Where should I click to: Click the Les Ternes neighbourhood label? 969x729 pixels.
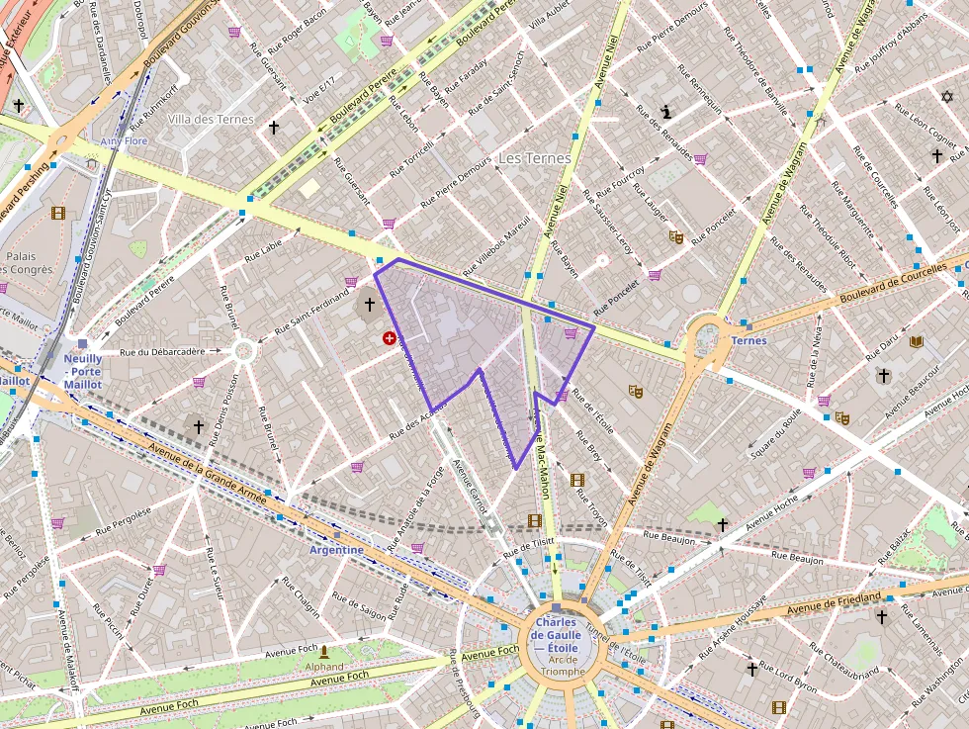[x=534, y=158]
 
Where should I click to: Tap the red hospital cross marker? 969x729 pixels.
[x=390, y=338]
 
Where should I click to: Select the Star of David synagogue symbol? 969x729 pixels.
[x=946, y=97]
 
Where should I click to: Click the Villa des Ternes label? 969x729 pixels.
[x=211, y=120]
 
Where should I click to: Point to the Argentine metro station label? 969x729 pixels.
[x=336, y=549]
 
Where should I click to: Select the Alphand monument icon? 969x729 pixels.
[x=323, y=652]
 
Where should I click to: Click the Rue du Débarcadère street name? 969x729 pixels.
[x=161, y=351]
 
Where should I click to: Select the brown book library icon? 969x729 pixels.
[x=917, y=342]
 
